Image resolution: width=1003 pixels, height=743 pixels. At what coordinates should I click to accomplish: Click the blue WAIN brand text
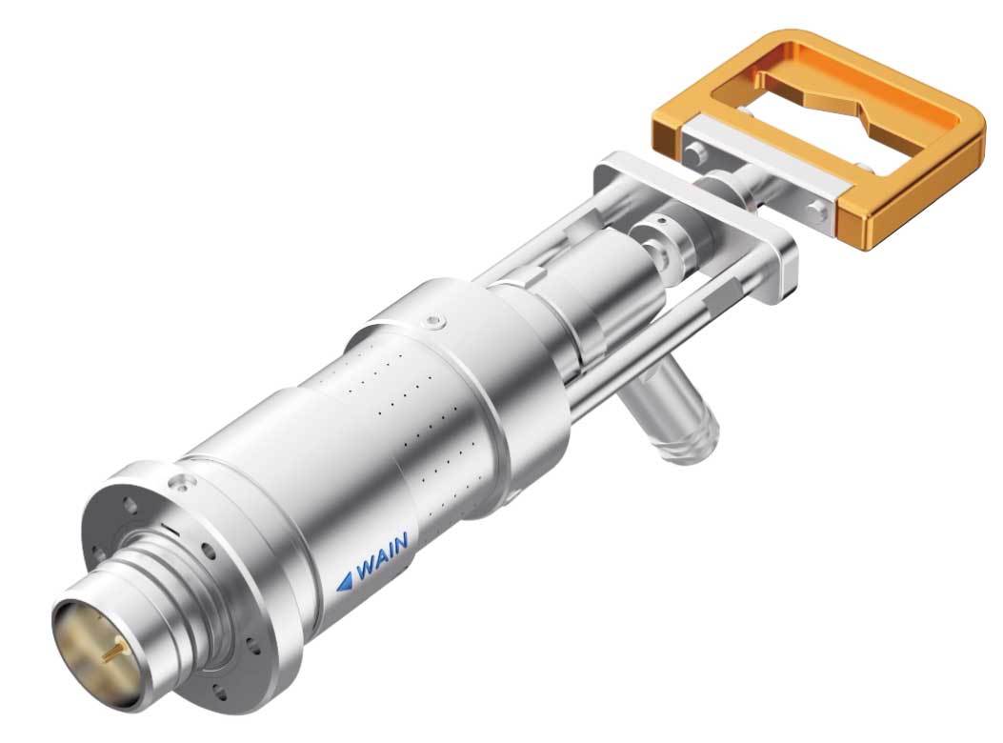click(x=383, y=556)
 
